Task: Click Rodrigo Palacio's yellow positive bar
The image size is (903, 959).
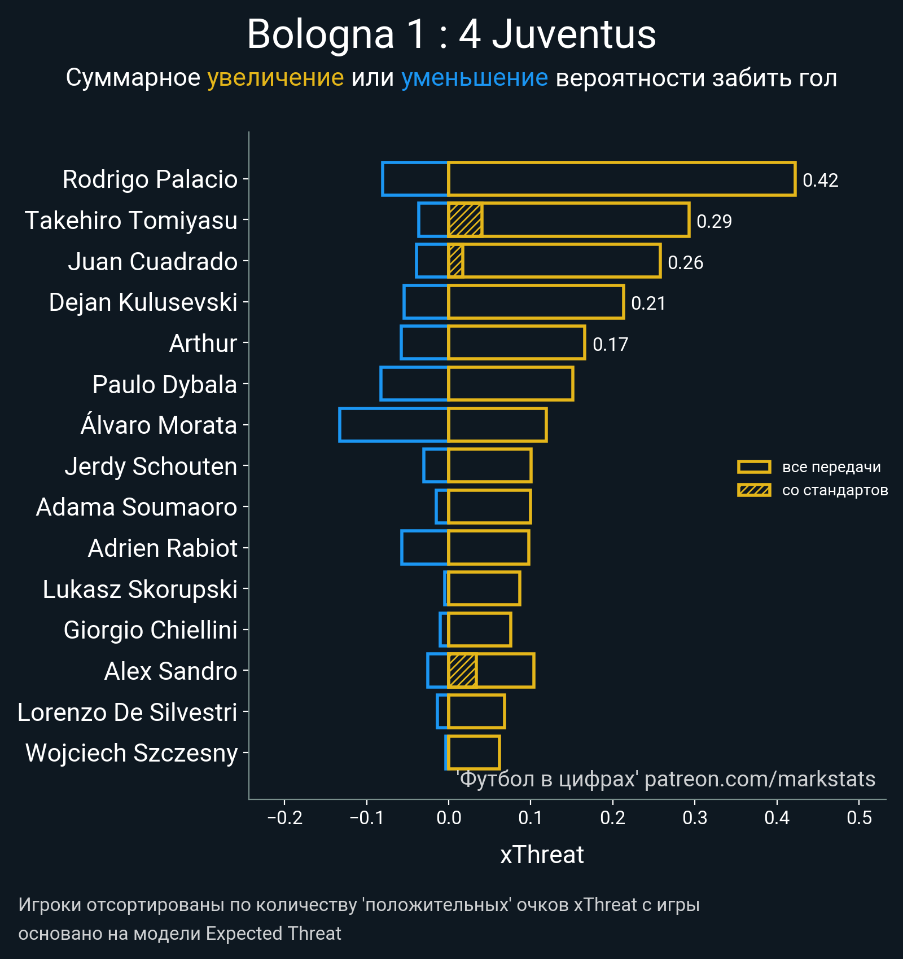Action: [x=621, y=179]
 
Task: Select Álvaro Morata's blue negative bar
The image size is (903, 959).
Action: [x=393, y=425]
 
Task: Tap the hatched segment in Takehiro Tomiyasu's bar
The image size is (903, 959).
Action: [x=465, y=220]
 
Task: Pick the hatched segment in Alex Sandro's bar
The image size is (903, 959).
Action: [x=462, y=671]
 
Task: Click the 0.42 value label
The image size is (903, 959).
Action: [x=820, y=181]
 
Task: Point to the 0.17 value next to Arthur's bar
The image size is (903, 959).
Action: [x=610, y=344]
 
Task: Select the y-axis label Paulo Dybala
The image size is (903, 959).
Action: [x=164, y=385]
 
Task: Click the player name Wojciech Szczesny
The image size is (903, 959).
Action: [x=131, y=753]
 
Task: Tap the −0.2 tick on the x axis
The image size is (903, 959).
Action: [x=284, y=818]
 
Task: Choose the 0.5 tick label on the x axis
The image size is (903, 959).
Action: [x=859, y=818]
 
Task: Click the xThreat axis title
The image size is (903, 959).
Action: [x=542, y=855]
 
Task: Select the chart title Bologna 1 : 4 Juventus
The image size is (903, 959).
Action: [x=451, y=35]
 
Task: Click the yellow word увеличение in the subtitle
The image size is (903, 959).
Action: [x=275, y=78]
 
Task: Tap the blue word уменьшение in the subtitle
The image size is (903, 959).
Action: [x=474, y=78]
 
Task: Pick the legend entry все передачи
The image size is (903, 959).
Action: [x=831, y=467]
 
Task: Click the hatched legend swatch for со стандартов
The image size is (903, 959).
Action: [x=754, y=490]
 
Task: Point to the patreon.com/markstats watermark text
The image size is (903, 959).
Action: [x=760, y=779]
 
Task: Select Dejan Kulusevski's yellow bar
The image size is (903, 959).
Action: [x=536, y=302]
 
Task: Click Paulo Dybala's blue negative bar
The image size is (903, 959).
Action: [x=414, y=384]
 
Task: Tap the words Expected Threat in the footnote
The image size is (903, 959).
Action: [x=273, y=934]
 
